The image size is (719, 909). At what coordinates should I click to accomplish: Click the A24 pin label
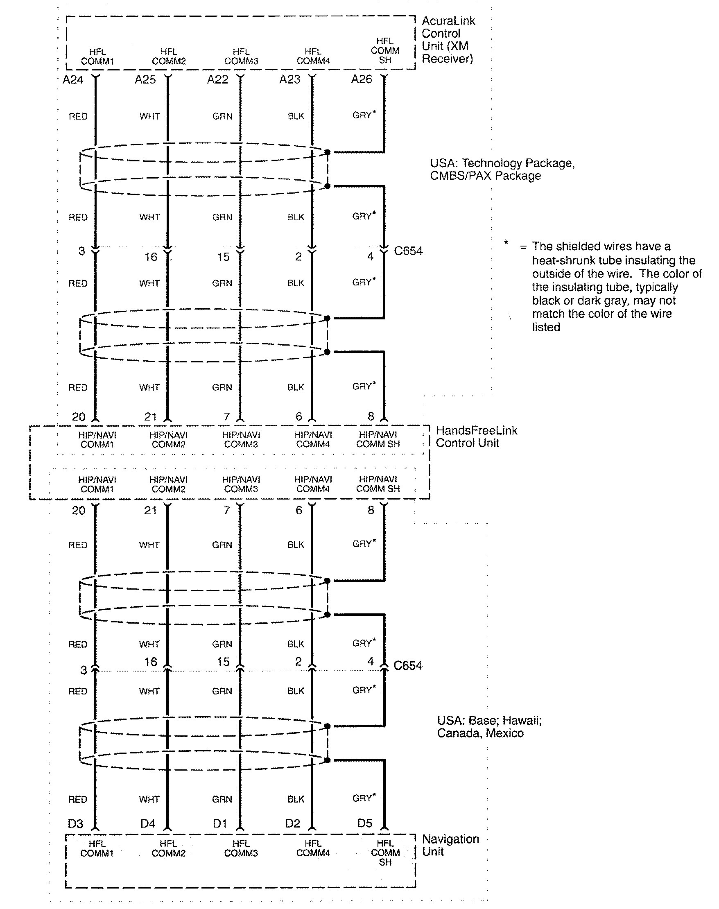pyautogui.click(x=73, y=79)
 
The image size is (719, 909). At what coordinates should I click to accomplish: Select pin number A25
pyautogui.click(x=145, y=79)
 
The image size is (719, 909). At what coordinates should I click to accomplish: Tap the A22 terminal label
pyautogui.click(x=217, y=79)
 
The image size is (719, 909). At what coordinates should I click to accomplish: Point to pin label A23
pyautogui.click(x=289, y=79)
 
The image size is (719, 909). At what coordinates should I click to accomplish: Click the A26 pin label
pyautogui.click(x=362, y=79)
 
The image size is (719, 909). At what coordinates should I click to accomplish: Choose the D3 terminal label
pyautogui.click(x=75, y=823)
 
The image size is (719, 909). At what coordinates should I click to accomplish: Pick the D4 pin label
pyautogui.click(x=148, y=823)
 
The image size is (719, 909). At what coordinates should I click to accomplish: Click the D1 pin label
pyautogui.click(x=220, y=823)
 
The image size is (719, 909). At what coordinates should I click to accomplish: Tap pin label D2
pyautogui.click(x=292, y=823)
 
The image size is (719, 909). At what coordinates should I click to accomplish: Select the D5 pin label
pyautogui.click(x=364, y=823)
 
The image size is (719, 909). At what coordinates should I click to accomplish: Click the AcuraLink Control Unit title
pyautogui.click(x=448, y=40)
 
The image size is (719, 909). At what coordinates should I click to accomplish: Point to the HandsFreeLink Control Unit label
pyautogui.click(x=476, y=436)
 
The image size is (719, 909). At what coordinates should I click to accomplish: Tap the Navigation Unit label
pyautogui.click(x=450, y=845)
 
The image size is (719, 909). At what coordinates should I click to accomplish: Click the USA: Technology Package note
pyautogui.click(x=502, y=169)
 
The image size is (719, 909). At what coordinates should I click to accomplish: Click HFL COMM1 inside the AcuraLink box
pyautogui.click(x=97, y=57)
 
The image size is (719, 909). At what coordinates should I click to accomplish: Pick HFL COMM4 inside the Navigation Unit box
pyautogui.click(x=313, y=848)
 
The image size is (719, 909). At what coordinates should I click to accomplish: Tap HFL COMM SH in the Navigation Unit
pyautogui.click(x=385, y=853)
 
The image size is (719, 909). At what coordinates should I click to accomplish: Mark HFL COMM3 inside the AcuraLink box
pyautogui.click(x=241, y=57)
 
